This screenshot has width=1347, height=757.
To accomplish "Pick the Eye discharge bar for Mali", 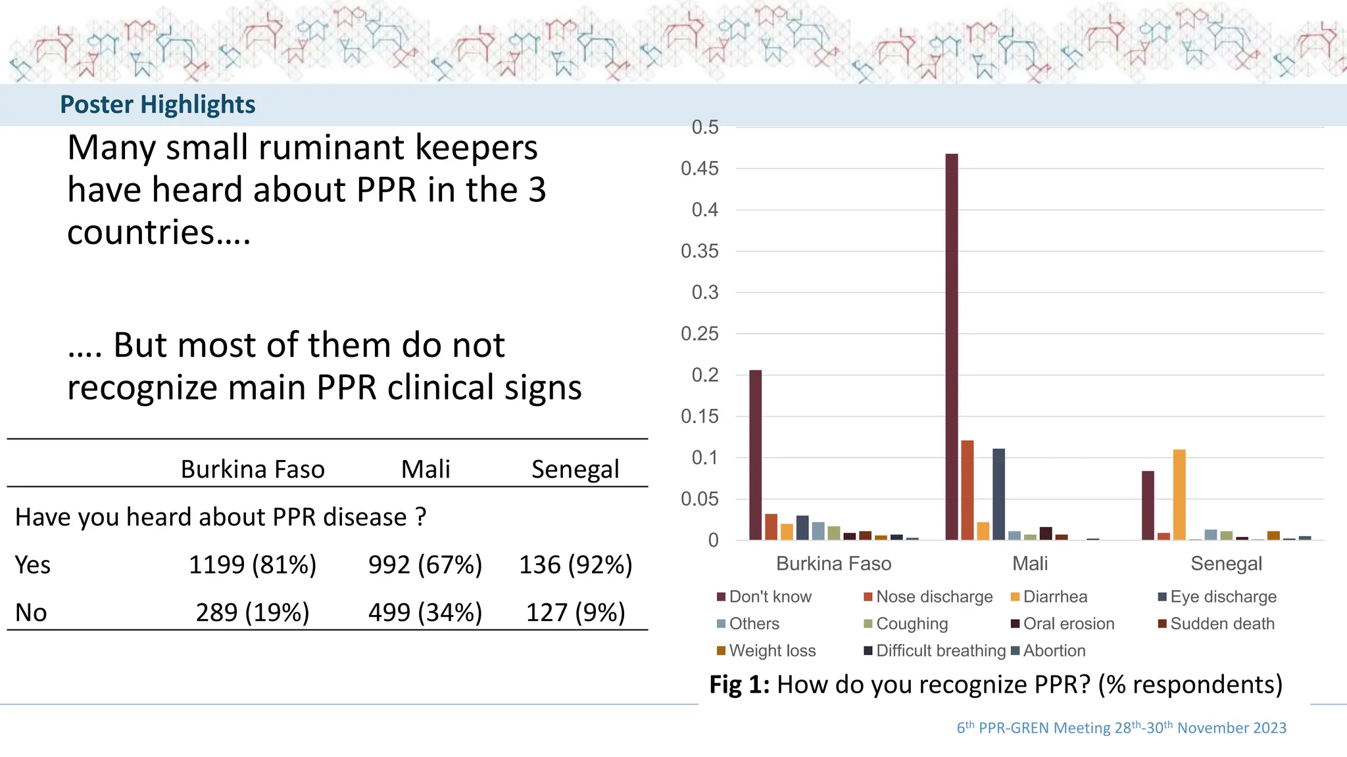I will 998,494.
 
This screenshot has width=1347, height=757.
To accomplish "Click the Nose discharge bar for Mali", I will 967,490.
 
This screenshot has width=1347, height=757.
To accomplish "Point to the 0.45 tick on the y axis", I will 700,169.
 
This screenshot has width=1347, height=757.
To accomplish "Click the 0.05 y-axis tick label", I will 700,499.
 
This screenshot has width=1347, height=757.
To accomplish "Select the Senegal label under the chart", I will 1226,564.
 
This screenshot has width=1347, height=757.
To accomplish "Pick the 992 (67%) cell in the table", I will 425,565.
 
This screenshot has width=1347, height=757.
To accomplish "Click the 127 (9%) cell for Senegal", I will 576,612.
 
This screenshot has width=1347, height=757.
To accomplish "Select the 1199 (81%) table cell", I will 253,565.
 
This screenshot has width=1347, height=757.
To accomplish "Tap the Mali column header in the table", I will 426,469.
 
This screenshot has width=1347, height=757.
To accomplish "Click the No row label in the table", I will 31,612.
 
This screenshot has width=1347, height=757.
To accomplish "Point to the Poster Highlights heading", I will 158,104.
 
